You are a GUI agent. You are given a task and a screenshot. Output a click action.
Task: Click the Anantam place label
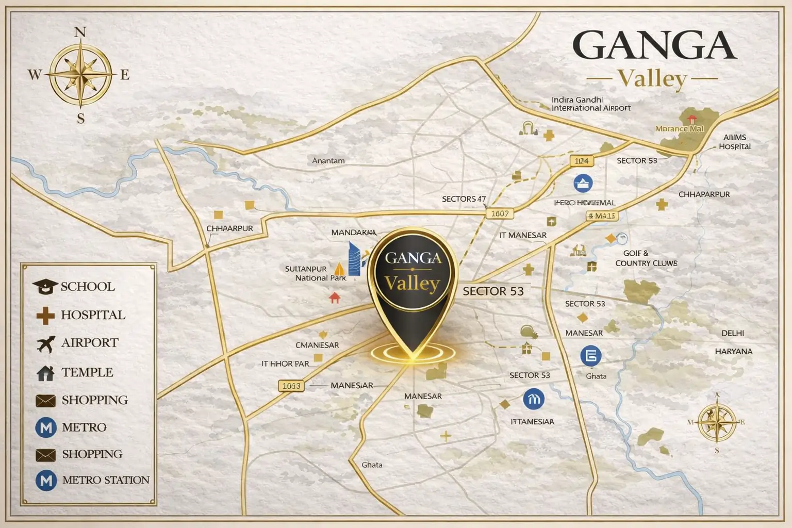(328, 161)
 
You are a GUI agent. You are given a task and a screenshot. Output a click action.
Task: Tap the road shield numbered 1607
(500, 213)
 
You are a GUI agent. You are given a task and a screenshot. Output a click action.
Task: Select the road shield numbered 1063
(291, 386)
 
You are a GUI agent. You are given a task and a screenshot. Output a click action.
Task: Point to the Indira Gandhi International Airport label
(590, 104)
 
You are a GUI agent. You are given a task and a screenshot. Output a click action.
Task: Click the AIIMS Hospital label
(735, 142)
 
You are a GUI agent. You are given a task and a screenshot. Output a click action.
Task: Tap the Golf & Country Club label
(646, 258)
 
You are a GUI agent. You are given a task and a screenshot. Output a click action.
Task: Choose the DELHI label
(732, 334)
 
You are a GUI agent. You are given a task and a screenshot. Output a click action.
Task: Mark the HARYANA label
(733, 352)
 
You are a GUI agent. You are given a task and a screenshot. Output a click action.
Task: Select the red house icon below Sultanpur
(335, 298)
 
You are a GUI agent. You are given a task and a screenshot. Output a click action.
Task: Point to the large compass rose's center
(80, 75)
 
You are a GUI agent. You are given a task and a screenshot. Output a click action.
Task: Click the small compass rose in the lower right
(717, 422)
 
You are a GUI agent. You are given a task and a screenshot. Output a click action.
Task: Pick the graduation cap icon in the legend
(45, 287)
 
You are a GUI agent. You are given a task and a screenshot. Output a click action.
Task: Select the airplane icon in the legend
(46, 343)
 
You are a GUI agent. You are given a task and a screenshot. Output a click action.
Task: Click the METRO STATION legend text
(106, 480)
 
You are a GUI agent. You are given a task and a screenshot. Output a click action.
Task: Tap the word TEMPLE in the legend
(87, 372)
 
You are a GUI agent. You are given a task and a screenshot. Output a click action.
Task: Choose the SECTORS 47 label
(464, 199)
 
